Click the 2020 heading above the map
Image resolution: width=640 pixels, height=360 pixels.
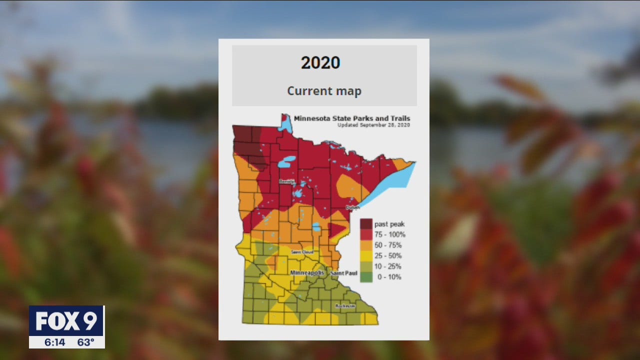click(x=320, y=63)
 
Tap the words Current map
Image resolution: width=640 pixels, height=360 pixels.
click(x=324, y=91)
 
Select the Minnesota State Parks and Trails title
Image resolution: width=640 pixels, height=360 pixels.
click(x=352, y=118)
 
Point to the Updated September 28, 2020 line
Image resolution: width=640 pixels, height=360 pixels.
click(x=373, y=125)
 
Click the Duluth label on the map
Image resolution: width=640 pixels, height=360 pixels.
click(x=352, y=206)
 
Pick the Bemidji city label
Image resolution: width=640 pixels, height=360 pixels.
click(x=287, y=181)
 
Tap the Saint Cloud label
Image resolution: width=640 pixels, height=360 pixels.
click(x=302, y=252)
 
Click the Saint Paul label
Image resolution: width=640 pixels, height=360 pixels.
click(x=344, y=273)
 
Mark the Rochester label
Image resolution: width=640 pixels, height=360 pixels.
click(x=345, y=305)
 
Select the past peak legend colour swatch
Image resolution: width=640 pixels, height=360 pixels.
click(x=365, y=224)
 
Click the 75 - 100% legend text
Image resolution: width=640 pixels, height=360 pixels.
click(x=390, y=234)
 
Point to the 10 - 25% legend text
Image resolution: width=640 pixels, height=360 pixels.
click(x=388, y=266)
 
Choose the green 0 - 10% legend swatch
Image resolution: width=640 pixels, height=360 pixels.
click(x=365, y=276)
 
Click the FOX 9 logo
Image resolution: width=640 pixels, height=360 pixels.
click(x=66, y=321)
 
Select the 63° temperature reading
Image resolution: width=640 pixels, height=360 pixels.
click(x=85, y=342)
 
